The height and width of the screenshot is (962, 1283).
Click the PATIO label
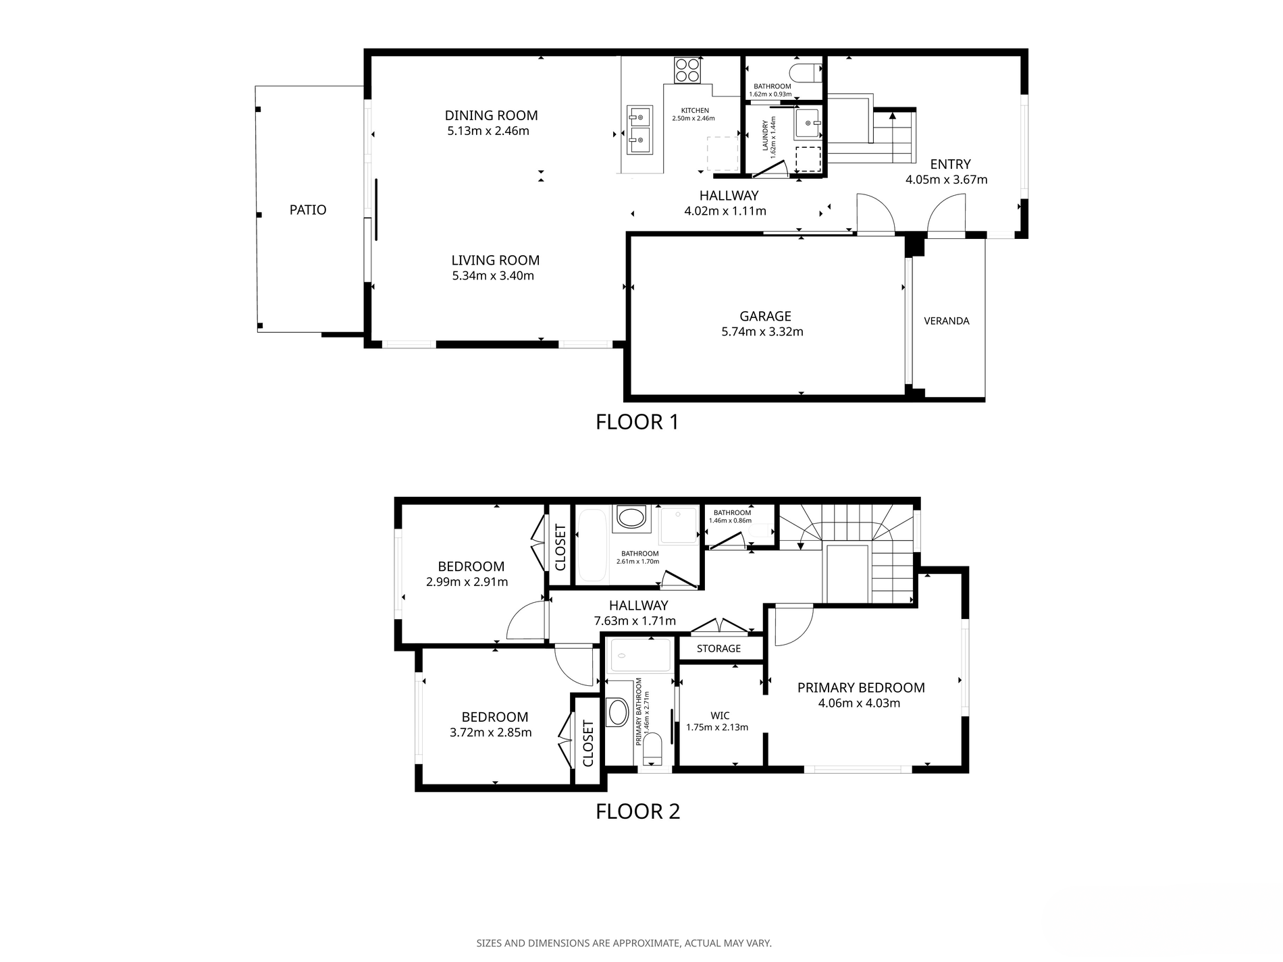(x=308, y=210)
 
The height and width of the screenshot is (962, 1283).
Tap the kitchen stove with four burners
(x=688, y=70)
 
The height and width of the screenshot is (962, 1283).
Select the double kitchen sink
(x=639, y=130)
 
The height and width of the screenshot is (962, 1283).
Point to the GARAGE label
(x=765, y=316)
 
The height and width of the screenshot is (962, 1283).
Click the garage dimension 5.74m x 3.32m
(x=762, y=331)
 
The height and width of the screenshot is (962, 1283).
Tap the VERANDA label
(x=947, y=321)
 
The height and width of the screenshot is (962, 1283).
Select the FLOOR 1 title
(x=637, y=422)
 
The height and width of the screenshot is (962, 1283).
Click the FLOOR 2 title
(x=637, y=811)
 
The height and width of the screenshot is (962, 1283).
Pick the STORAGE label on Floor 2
(x=718, y=649)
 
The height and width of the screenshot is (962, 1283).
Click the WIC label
(x=720, y=716)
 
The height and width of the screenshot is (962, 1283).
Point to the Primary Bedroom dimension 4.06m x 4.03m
(x=859, y=703)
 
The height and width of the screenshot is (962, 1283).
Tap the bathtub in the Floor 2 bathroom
(x=592, y=545)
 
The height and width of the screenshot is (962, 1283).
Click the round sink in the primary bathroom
(x=617, y=712)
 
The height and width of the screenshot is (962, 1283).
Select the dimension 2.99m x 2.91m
(x=467, y=582)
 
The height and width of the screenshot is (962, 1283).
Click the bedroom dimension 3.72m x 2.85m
(x=491, y=732)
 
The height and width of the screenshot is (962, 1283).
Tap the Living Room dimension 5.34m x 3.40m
(x=493, y=275)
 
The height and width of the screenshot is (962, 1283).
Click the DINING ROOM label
(x=491, y=115)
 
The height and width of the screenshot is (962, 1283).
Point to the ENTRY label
(x=950, y=164)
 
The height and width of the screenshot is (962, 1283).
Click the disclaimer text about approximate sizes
(x=624, y=943)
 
